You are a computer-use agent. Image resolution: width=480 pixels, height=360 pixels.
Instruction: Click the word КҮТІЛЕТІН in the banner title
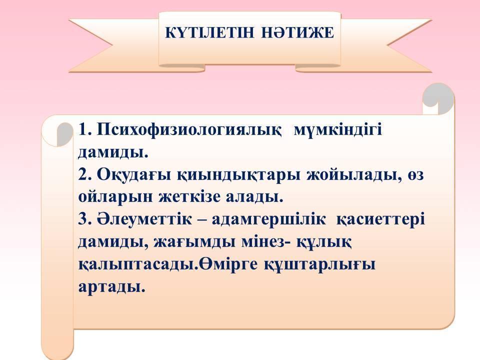click(209, 33)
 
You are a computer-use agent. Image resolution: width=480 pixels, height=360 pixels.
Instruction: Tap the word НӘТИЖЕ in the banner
click(297, 33)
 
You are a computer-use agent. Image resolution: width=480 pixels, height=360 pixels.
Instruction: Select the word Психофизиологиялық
click(189, 130)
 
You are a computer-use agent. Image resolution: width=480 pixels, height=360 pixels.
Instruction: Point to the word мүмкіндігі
click(338, 130)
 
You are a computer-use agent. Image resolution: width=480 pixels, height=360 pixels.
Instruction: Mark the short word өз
click(415, 175)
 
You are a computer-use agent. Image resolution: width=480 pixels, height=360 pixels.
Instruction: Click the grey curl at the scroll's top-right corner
click(438, 97)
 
